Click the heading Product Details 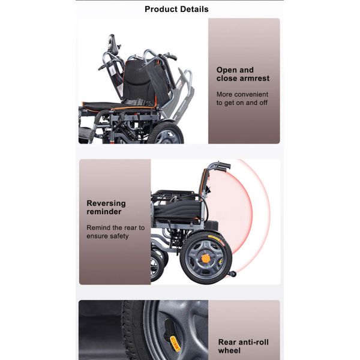click(x=176, y=9)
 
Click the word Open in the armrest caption click(x=225, y=70)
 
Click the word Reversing click(x=106, y=203)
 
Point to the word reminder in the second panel click(x=104, y=212)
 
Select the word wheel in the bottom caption click(x=229, y=350)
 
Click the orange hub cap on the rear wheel click(x=206, y=258)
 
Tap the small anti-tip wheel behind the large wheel click(x=232, y=274)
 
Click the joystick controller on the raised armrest click(x=112, y=43)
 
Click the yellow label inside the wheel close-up click(x=175, y=343)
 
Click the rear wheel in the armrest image click(x=166, y=133)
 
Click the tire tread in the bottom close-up click(x=133, y=330)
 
